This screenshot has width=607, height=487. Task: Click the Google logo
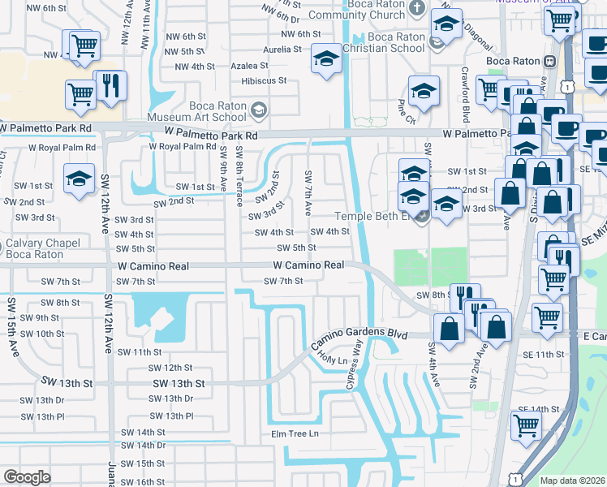tap(27, 477)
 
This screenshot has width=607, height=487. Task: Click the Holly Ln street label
tap(331, 357)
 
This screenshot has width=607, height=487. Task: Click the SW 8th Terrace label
tap(239, 176)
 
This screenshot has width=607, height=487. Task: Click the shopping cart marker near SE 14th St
tap(526, 424)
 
